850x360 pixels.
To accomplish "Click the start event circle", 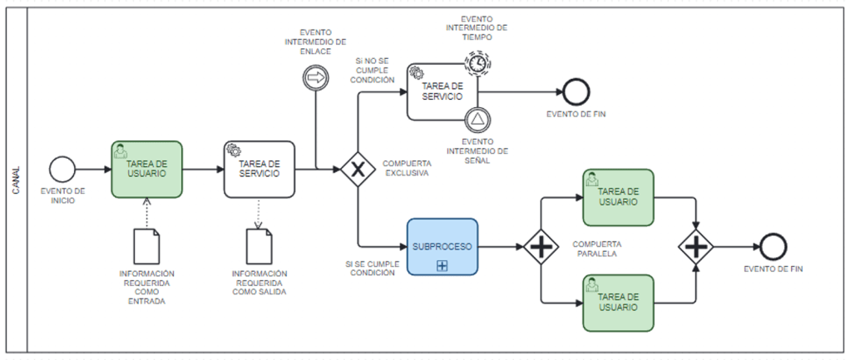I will tap(62, 169).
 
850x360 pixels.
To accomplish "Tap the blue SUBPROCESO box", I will tap(442, 247).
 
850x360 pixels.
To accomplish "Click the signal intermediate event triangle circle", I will tap(477, 120).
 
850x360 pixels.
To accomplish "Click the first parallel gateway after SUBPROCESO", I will tap(541, 247).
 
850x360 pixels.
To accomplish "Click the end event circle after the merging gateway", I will tap(772, 247).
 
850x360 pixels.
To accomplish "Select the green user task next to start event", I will tap(146, 169).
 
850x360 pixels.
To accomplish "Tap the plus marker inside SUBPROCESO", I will tap(442, 265).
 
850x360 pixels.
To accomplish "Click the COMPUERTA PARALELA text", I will tap(595, 249).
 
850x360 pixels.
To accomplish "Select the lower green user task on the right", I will tap(618, 302).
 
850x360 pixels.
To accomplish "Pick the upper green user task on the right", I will tap(618, 197).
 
